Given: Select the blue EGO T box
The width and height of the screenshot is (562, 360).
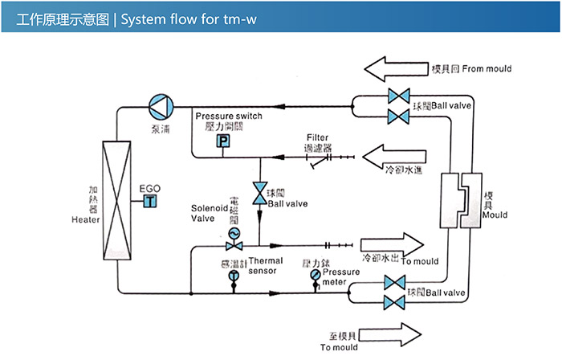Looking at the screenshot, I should (x=149, y=202).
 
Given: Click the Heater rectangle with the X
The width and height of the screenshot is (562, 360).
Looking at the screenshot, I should (x=116, y=199).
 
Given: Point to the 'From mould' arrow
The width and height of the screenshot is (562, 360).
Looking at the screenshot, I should (x=395, y=68).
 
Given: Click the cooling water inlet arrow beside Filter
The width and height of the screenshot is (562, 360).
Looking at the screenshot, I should (x=393, y=154).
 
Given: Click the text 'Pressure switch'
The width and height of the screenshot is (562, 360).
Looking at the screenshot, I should (x=228, y=117).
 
